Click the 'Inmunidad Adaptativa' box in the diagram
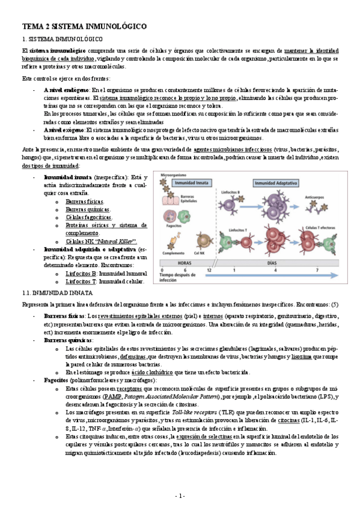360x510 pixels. (x=275, y=181)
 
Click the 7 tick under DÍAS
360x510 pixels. (x=316, y=271)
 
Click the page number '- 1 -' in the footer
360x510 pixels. (x=180, y=495)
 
